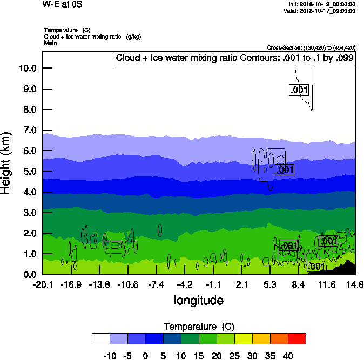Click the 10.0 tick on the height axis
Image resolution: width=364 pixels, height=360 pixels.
click(x=27, y=68)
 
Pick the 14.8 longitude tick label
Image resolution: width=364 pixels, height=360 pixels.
click(x=355, y=284)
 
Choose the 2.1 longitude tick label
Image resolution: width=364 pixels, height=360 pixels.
click(x=242, y=284)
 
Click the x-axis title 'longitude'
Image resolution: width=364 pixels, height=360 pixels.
click(x=198, y=300)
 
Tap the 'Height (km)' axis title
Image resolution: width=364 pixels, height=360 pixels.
click(x=6, y=162)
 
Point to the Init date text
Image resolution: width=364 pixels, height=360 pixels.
click(x=322, y=4)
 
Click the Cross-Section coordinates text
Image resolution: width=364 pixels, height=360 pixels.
click(x=311, y=47)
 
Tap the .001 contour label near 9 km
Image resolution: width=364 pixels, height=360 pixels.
click(x=299, y=90)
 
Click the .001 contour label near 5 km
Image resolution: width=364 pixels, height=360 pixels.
click(x=284, y=170)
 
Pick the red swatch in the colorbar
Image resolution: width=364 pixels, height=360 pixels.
click(x=296, y=338)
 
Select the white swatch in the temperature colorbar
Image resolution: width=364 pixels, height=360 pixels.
click(x=101, y=338)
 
